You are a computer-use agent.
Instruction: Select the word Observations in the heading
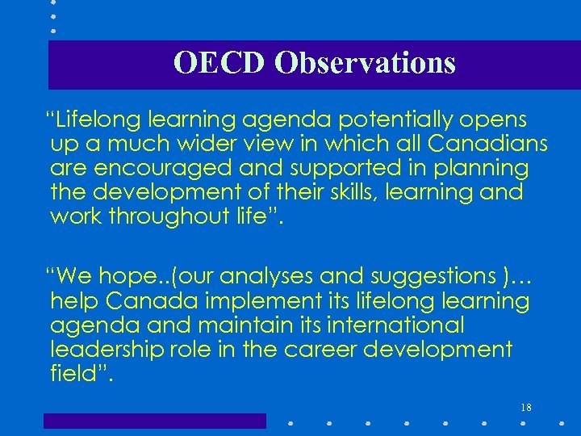pos(365,63)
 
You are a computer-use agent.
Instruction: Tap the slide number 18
pos(525,408)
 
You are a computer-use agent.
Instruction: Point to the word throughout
pos(187,216)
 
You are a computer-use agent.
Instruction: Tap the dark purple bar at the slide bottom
pos(154,421)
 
